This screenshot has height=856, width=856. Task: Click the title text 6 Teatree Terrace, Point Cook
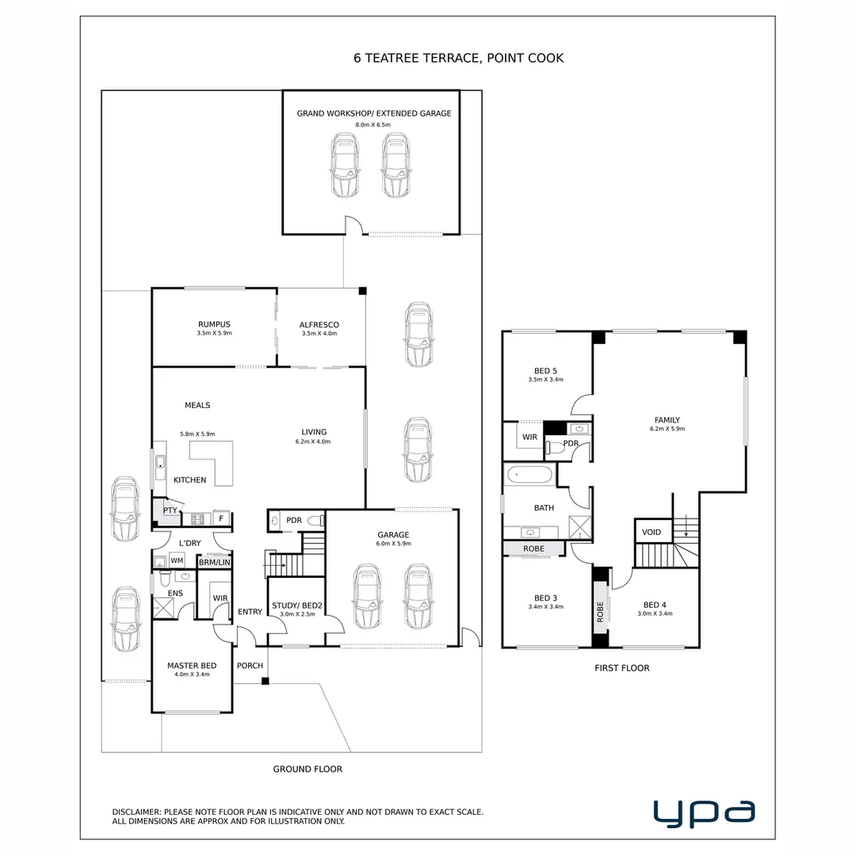click(458, 58)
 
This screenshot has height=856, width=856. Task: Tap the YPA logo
click(704, 813)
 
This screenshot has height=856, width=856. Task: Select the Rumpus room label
click(214, 324)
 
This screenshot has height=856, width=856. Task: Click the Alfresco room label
click(319, 324)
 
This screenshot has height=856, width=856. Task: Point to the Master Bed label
click(192, 665)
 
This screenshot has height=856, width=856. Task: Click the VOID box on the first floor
click(652, 532)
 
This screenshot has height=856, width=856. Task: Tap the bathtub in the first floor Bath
click(529, 476)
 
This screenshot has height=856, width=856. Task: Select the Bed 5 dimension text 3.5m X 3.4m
click(545, 380)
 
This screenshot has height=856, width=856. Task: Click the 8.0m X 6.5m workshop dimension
click(373, 125)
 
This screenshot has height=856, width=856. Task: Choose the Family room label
click(667, 420)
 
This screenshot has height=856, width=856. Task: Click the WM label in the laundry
click(177, 560)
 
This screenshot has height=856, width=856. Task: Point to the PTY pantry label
click(170, 510)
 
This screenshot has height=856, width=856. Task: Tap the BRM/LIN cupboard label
click(214, 562)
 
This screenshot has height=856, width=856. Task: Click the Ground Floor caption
click(308, 769)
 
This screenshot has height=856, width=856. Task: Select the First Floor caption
click(622, 668)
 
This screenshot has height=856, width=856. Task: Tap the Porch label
click(250, 665)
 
